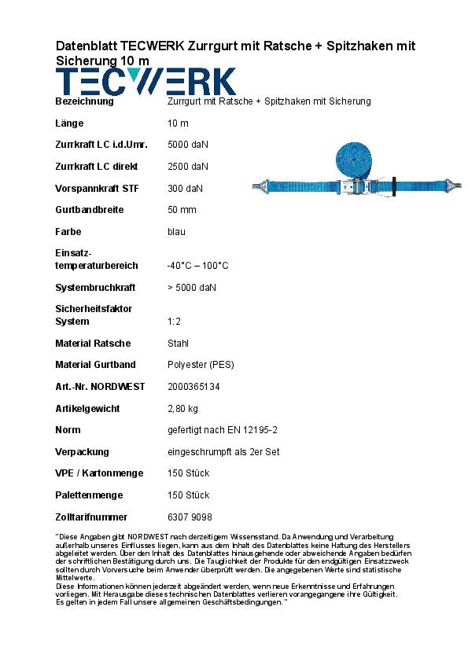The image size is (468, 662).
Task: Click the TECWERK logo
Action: (146, 82)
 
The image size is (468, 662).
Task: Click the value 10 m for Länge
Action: (179, 123)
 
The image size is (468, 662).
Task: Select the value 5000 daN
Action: (188, 145)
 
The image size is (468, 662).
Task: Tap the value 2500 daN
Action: (188, 167)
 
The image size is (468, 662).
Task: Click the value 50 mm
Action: (182, 210)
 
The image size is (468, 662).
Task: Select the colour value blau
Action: (177, 232)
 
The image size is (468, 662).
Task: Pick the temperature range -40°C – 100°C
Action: (198, 266)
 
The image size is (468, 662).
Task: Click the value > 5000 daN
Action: (192, 288)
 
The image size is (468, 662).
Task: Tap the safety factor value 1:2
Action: (175, 322)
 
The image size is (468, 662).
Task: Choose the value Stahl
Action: (179, 344)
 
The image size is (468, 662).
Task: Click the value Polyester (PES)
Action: (201, 365)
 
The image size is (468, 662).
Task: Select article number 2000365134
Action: (194, 387)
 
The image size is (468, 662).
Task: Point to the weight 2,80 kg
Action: (182, 409)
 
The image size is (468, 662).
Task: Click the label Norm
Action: (68, 430)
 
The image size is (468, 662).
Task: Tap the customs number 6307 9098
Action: (190, 517)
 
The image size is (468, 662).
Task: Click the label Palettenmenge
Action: (88, 495)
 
